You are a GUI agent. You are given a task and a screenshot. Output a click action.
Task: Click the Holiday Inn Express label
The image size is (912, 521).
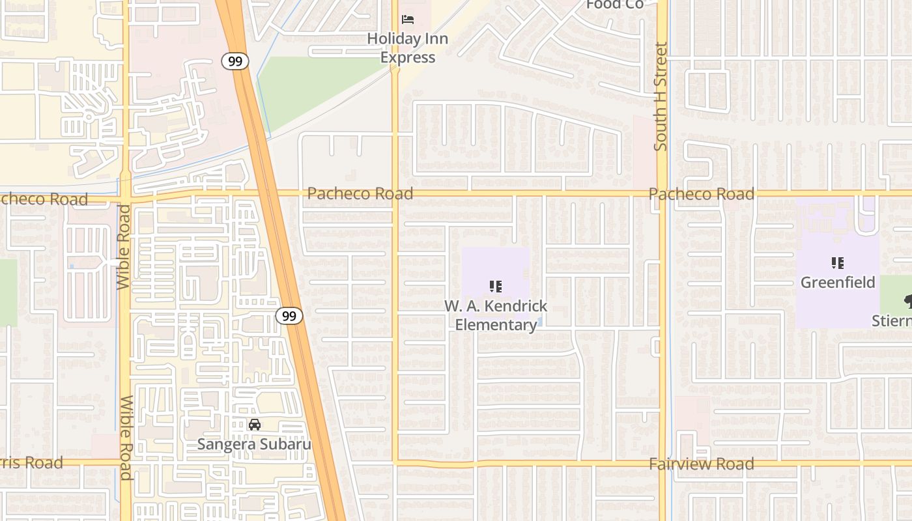pos(408,48)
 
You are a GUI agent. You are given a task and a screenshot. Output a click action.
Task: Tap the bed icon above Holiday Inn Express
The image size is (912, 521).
pos(408,19)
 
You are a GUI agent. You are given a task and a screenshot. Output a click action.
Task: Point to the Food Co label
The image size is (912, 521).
pos(614,5)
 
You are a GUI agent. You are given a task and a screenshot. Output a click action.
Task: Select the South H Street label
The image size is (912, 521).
pos(661,96)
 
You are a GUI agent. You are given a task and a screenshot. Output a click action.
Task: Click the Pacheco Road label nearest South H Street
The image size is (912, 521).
pos(701,194)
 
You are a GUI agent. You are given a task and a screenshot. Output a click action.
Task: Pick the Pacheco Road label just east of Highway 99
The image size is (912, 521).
pos(360,193)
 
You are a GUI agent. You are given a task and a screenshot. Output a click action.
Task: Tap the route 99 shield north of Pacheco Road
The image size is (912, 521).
pos(234,61)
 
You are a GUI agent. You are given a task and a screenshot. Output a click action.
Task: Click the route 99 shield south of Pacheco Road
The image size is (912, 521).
pos(289,316)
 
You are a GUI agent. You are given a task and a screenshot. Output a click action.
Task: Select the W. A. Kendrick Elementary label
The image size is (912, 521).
pos(496,315)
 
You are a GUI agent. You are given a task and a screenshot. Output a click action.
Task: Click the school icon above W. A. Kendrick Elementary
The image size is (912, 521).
pos(496,286)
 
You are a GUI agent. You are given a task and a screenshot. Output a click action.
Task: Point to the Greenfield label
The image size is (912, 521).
pos(837,282)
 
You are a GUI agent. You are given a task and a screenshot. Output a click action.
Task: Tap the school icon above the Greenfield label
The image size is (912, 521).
pos(837,263)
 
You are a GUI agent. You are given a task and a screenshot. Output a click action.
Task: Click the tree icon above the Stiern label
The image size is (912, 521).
pos(908,301)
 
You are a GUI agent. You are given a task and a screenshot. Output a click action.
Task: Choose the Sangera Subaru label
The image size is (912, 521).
pos(254,445)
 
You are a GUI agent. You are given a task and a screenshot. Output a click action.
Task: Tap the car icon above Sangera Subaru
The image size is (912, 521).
pos(254,425)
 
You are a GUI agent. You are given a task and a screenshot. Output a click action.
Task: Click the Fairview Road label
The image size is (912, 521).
pos(701,464)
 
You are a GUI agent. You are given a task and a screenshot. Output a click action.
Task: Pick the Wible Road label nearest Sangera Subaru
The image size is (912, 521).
pos(126,438)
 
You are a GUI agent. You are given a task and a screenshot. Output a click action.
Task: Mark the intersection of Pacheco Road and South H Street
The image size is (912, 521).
pos(662,193)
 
